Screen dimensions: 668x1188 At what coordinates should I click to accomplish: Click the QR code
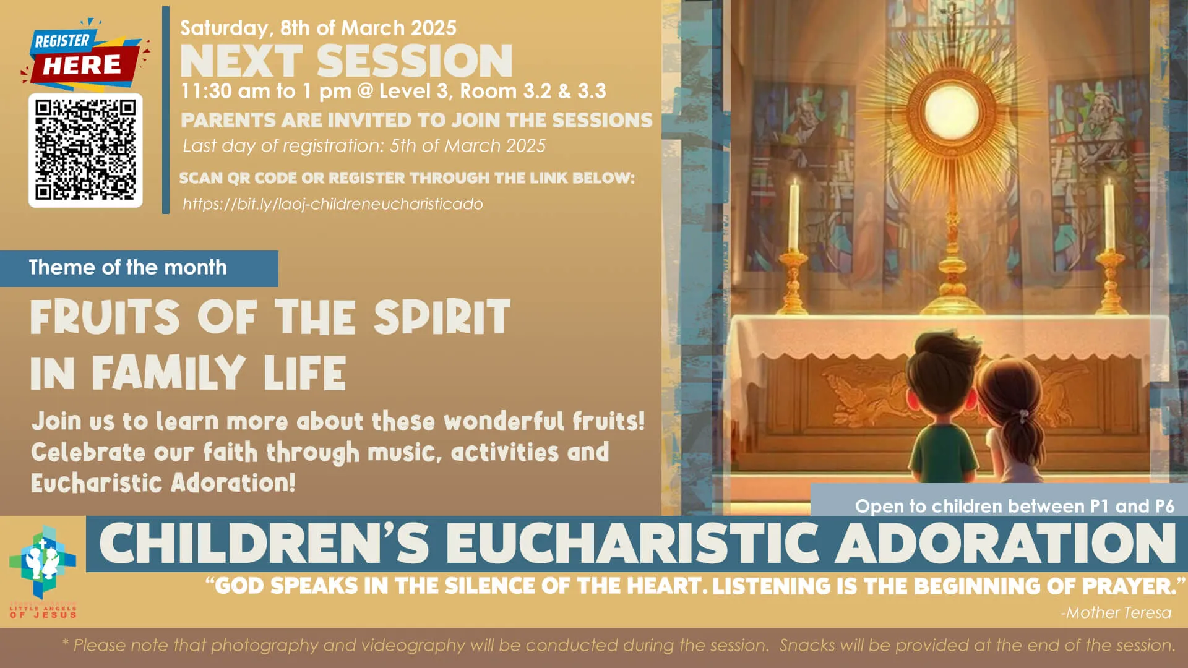pyautogui.click(x=85, y=150)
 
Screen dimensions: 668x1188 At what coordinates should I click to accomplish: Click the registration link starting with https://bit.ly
pyautogui.click(x=332, y=204)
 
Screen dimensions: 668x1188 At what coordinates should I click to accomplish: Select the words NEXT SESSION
pyautogui.click(x=346, y=61)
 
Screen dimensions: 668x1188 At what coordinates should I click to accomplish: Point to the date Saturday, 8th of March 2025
pyautogui.click(x=318, y=28)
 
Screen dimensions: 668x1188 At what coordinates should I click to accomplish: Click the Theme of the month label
pyautogui.click(x=127, y=267)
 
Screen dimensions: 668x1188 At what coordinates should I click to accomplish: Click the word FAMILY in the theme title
pyautogui.click(x=168, y=373)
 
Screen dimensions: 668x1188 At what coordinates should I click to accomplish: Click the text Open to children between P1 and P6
pyautogui.click(x=1014, y=506)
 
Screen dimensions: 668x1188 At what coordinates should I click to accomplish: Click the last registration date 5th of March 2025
pyautogui.click(x=468, y=146)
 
